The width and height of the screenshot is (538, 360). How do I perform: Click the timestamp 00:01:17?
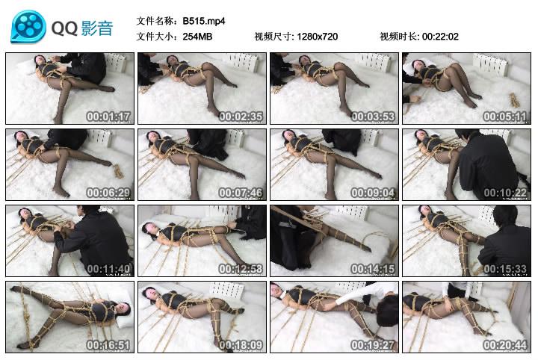109,117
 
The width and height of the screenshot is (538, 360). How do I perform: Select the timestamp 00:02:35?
241,117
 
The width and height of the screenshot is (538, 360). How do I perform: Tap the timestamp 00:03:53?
373,117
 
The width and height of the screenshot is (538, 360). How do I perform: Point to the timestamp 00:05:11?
505,117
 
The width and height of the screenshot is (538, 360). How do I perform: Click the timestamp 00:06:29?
109,193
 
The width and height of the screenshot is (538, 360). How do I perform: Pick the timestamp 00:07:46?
241,193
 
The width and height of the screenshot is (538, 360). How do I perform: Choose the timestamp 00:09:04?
373,193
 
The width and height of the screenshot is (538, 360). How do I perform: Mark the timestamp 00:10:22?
505,193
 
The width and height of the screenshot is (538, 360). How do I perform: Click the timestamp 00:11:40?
109,269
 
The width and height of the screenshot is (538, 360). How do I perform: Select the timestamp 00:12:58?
241,269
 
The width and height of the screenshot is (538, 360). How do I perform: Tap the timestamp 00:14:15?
373,269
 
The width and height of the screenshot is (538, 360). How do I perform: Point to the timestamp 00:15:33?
505,269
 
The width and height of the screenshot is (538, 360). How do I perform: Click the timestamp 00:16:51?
109,345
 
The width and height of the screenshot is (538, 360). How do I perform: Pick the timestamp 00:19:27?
373,345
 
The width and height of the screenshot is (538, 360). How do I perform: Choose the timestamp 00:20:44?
505,345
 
